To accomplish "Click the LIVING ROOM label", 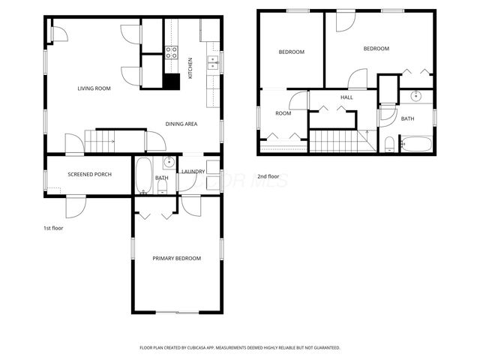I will click(94, 88).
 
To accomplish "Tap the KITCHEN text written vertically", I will click(190, 68).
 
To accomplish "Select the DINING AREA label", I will click(181, 124).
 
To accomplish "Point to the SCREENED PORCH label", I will click(89, 175).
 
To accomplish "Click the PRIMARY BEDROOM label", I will click(176, 259).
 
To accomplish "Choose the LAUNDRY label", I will click(193, 172).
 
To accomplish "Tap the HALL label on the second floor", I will click(346, 97).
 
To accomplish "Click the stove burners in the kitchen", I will click(171, 52).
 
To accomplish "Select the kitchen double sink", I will click(213, 62).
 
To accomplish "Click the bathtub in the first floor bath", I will click(143, 176).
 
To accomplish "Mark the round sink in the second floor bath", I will click(417, 97).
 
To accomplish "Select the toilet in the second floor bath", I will click(389, 144).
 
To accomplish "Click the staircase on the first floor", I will click(100, 139).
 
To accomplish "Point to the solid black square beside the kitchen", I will click(172, 82).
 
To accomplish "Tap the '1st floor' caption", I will click(52, 227).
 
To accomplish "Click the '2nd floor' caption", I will click(268, 177).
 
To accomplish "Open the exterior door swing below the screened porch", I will click(76, 205).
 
